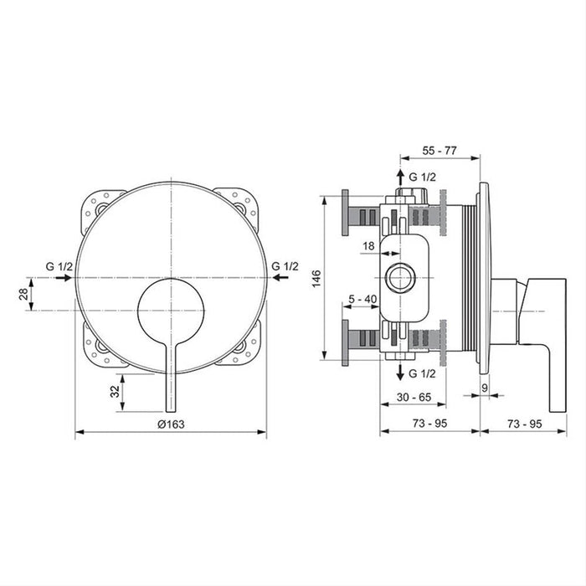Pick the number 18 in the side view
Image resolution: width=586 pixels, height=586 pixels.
pos(369,246)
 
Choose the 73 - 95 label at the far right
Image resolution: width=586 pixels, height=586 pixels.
pos(531,424)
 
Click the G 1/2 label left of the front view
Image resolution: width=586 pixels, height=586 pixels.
pos(60,266)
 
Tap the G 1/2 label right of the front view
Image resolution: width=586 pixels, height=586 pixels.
pos(285,266)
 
